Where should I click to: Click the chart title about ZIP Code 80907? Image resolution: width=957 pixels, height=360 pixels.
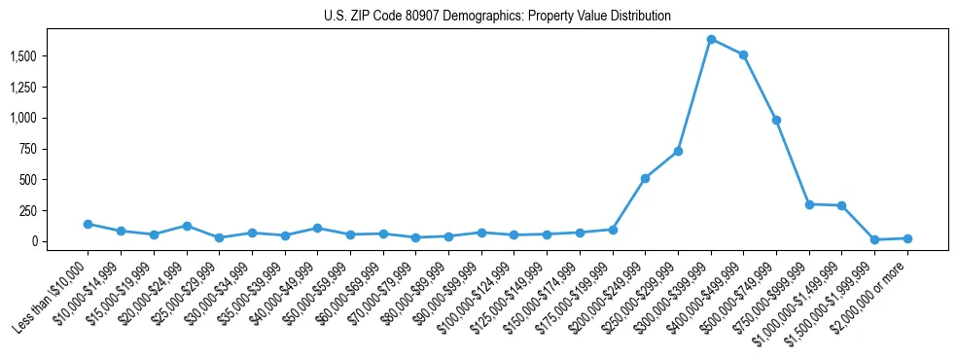coord(497,16)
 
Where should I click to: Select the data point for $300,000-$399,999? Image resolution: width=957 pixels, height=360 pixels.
coord(711,39)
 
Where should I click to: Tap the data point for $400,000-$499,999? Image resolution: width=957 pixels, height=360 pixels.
coord(743,54)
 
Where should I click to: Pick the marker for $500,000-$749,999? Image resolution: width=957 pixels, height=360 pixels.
coord(776,120)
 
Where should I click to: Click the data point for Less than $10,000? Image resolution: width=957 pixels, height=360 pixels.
coord(88,224)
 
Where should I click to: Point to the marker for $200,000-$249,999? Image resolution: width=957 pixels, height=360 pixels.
coord(645,178)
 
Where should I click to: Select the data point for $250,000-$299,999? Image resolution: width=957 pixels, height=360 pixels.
coord(678,151)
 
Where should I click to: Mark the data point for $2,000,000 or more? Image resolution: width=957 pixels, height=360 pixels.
coord(907,238)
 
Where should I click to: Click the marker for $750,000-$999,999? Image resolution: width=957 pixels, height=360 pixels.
coord(809,204)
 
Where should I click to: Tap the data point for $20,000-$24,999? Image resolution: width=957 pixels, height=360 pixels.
coord(186,226)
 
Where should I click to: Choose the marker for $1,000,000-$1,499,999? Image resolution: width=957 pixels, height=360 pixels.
coord(841,205)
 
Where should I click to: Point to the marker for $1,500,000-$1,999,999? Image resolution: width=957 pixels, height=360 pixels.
coord(874,239)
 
